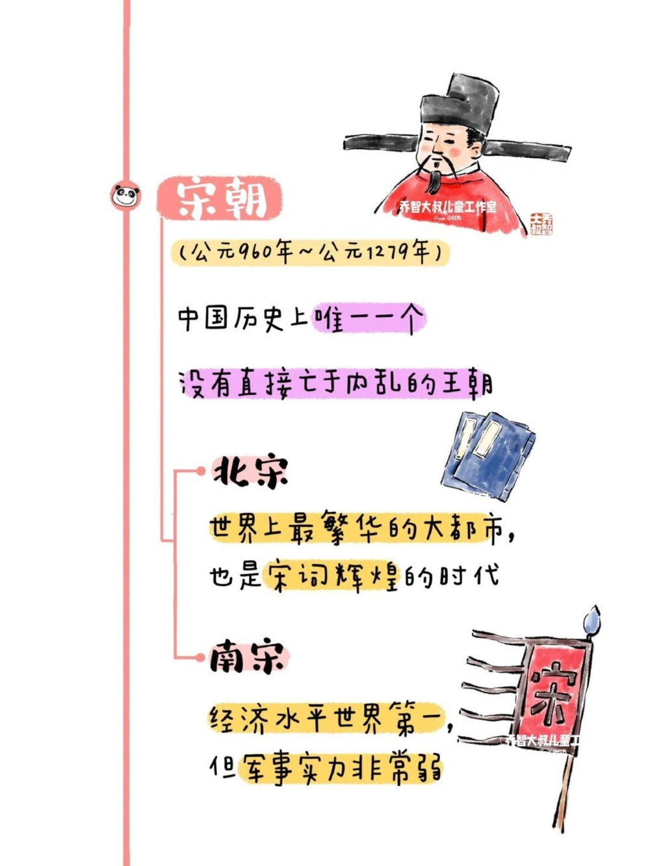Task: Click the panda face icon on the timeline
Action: point(126,195)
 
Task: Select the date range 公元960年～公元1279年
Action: point(311,252)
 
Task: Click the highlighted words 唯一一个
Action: point(369,319)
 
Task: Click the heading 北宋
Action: point(250,471)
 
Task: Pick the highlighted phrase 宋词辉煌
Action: point(331,574)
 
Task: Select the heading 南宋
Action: point(248,657)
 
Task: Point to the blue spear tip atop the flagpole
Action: point(592,619)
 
